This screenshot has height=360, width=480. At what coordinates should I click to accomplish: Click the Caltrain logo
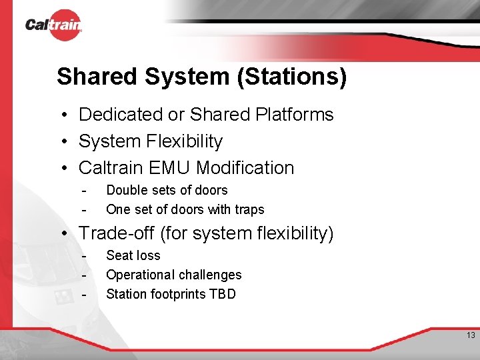(53, 25)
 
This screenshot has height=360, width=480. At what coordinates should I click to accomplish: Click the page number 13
(471, 335)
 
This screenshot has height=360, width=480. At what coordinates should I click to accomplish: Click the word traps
(249, 209)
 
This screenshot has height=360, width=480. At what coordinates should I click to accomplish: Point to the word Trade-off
(117, 233)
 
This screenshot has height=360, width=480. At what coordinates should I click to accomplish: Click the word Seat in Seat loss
(118, 255)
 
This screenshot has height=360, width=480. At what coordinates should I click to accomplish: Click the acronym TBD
(223, 294)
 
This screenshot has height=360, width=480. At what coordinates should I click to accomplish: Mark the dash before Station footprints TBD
(84, 295)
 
